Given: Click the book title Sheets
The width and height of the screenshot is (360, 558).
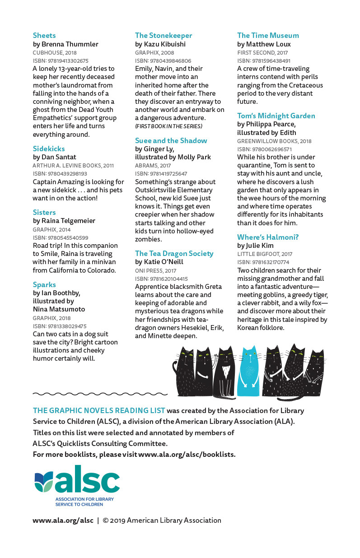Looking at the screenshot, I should click(x=44, y=35).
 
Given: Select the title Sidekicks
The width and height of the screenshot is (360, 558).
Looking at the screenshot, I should click(x=49, y=149).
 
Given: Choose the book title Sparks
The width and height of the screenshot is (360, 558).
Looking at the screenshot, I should click(x=44, y=284).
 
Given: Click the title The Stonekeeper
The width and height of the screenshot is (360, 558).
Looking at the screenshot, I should click(x=164, y=35).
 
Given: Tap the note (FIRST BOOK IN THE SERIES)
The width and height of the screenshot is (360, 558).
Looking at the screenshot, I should click(x=168, y=126).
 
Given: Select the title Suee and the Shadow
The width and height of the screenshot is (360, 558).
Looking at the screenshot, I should click(x=171, y=140).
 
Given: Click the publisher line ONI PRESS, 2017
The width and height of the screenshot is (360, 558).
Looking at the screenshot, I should click(x=155, y=271).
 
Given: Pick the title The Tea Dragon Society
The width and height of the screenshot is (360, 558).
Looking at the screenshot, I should click(x=174, y=253).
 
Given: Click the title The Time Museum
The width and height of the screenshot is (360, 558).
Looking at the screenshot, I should click(x=268, y=35).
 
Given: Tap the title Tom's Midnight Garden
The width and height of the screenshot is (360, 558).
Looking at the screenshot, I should click(x=276, y=116).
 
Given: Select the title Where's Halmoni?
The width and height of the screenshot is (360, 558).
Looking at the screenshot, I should click(x=268, y=237).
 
